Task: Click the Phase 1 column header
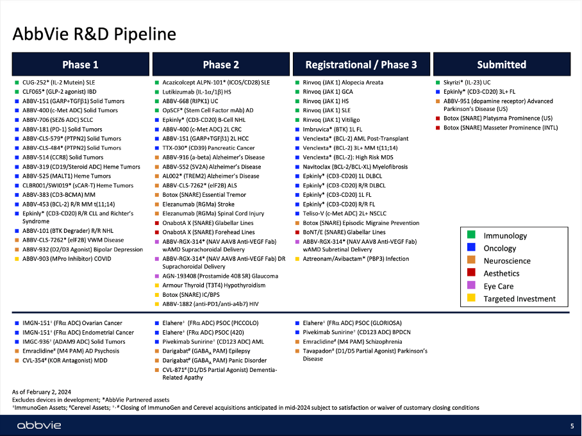point(81,64)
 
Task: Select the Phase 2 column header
point(221,64)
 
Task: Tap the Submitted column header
point(502,64)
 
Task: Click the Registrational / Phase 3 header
point(361,64)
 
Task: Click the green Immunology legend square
point(471,235)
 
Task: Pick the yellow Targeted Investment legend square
point(471,298)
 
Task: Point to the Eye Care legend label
point(499,287)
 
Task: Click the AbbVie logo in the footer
point(39,425)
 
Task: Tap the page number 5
point(572,426)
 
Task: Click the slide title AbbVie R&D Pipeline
point(94,34)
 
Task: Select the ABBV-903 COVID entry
point(67,259)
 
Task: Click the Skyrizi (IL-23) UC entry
point(467,83)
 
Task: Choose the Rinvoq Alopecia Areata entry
point(343,83)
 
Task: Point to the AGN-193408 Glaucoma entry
point(220,276)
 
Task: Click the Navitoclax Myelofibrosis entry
point(355,167)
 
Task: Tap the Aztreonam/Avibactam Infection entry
point(356,259)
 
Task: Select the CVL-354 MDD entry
point(65,360)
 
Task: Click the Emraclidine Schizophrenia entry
point(353,342)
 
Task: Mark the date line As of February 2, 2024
point(42,392)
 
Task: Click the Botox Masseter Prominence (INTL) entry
point(501,128)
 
